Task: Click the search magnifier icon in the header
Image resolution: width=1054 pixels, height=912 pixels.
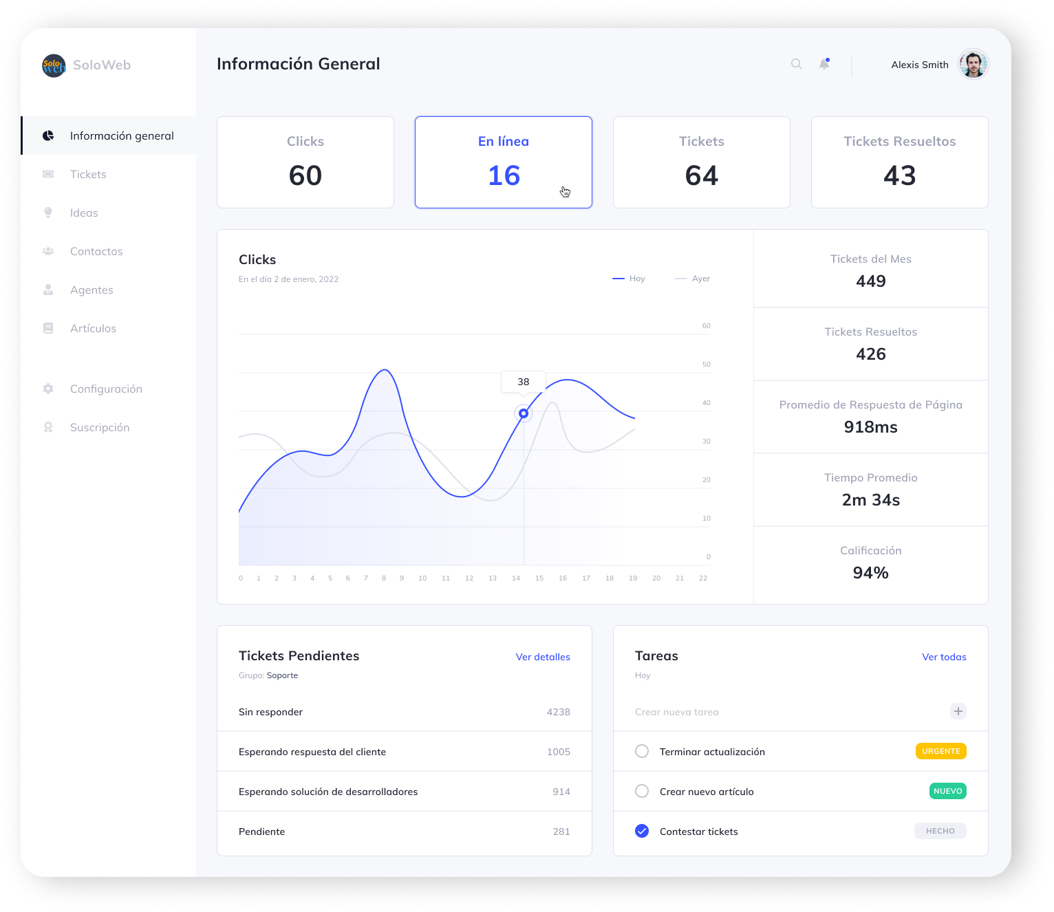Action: [796, 64]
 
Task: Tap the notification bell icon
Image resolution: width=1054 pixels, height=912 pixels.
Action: [824, 64]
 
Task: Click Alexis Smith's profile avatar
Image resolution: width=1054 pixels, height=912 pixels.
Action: [973, 65]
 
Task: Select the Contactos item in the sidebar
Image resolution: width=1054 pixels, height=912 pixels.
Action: [96, 252]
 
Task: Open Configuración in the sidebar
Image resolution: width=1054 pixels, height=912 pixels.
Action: [106, 389]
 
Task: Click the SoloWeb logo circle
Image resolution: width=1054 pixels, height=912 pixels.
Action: [54, 65]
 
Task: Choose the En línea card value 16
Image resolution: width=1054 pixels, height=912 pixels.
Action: [504, 176]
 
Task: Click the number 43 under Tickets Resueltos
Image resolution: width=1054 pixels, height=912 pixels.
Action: [899, 176]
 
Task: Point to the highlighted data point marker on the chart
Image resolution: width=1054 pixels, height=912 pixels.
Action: [524, 413]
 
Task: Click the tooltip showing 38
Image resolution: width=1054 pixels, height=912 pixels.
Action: [524, 382]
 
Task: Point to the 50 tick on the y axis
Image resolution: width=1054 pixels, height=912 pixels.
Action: [706, 365]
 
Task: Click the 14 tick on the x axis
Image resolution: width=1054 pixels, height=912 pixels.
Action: [516, 578]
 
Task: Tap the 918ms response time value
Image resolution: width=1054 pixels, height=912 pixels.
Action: [870, 427]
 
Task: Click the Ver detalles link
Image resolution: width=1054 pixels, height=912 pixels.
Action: [543, 657]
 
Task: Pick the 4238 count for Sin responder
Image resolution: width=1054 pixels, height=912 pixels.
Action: [558, 712]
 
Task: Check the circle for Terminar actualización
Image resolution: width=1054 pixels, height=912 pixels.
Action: [642, 751]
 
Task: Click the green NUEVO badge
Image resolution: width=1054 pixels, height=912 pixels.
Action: [947, 791]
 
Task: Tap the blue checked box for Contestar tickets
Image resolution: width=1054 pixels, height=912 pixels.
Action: [642, 831]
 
